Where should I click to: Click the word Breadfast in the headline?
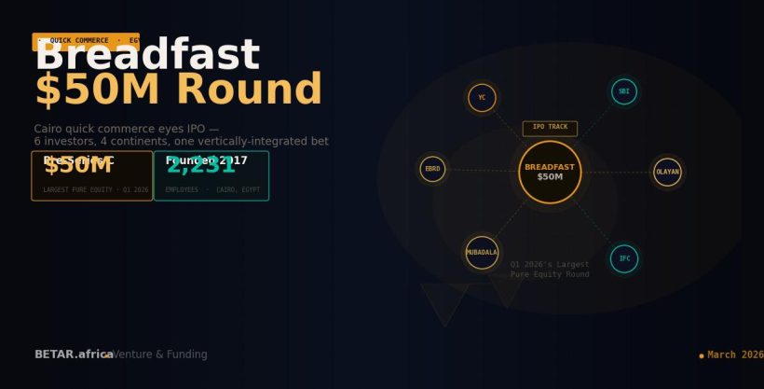pos(146,57)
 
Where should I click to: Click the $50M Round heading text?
pos(178,90)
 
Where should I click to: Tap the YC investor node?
pos(482,97)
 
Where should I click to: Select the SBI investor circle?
pos(624,91)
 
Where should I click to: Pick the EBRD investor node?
pos(432,169)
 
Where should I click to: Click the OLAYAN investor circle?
pos(667,172)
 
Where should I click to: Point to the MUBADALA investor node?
pos(482,252)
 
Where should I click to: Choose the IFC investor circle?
pos(624,258)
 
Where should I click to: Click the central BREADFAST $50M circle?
pos(550,172)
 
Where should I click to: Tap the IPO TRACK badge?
pos(550,128)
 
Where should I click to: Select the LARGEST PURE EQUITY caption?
pos(96,190)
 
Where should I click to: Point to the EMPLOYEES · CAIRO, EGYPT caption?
pos(212,190)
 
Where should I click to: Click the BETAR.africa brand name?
pos(74,354)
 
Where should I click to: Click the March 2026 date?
pos(735,354)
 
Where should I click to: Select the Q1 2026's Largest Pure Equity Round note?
pos(550,270)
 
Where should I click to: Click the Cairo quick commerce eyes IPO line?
pos(127,129)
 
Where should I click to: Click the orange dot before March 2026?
pos(701,355)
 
